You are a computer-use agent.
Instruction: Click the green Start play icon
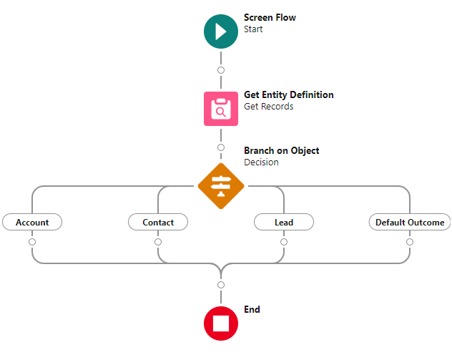220,31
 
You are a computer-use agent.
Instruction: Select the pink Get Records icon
220,108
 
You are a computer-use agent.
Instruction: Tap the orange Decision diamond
220,186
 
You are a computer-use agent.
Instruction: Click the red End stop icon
220,323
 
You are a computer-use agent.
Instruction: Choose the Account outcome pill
32,223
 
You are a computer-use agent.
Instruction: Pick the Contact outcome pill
158,223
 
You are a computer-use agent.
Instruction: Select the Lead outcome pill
284,223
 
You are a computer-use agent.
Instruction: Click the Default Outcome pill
410,223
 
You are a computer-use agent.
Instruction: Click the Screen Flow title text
270,18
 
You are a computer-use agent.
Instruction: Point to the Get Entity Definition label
288,94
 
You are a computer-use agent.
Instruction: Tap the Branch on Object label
281,151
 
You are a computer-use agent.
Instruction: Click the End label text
252,310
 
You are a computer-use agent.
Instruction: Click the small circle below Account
32,242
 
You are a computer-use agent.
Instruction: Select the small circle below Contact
158,242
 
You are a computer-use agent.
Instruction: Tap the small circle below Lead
284,242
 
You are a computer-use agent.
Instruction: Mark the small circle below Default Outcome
410,242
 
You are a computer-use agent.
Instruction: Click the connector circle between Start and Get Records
220,70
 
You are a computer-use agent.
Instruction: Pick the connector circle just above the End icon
220,285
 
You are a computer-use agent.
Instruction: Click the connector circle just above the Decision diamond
220,147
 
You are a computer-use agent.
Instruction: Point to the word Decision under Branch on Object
261,162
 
